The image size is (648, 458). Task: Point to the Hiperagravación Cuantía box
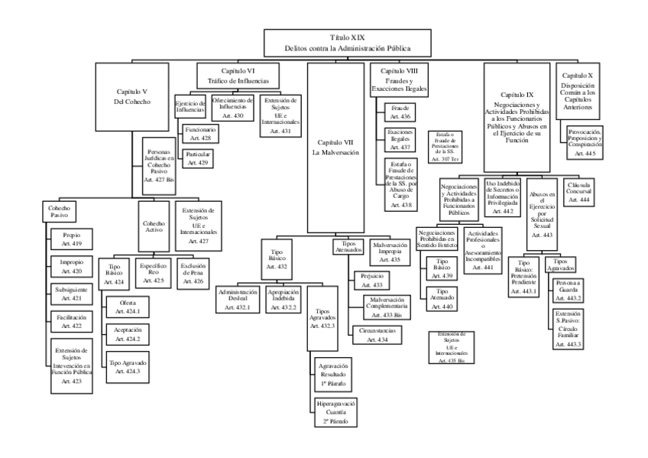[x=332, y=411]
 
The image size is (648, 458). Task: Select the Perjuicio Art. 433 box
[x=372, y=280]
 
